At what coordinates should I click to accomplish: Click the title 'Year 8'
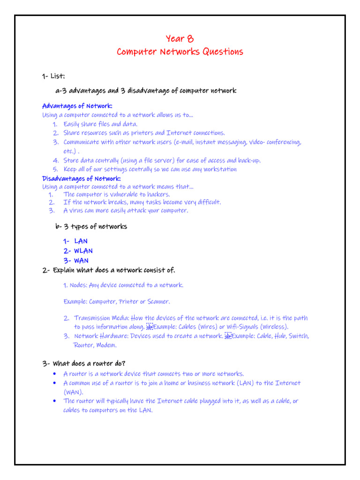(180, 38)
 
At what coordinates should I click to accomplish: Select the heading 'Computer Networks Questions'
(180, 52)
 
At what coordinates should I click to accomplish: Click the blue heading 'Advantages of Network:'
(77, 106)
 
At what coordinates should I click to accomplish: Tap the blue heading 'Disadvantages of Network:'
(82, 179)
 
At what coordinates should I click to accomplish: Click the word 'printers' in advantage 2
(142, 133)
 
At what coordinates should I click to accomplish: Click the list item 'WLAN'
(83, 251)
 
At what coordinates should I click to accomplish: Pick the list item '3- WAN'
(76, 261)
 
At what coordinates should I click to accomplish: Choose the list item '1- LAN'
(75, 241)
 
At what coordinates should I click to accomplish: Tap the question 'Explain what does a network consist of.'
(114, 270)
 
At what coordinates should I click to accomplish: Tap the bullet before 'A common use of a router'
(55, 383)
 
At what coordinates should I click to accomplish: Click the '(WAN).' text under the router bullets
(74, 392)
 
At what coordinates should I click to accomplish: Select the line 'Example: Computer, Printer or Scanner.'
(117, 301)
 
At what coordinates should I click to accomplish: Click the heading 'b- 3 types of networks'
(91, 227)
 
